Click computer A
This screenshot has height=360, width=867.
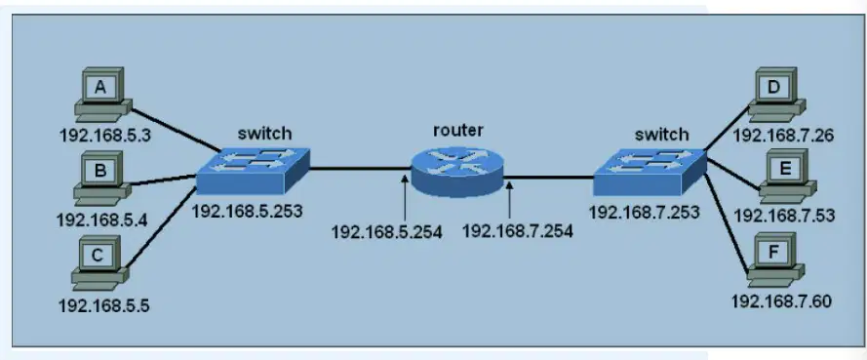(x=102, y=95)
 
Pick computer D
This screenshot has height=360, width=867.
(x=776, y=95)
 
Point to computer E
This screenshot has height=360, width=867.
(x=787, y=177)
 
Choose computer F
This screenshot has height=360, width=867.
(x=775, y=260)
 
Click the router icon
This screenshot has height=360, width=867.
(x=457, y=172)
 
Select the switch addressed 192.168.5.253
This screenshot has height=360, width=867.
(x=254, y=171)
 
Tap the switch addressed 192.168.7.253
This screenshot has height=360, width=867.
(x=650, y=172)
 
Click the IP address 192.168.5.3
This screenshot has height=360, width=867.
(x=104, y=136)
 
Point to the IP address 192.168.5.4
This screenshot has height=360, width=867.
(x=101, y=220)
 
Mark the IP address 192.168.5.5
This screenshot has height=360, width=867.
(x=104, y=304)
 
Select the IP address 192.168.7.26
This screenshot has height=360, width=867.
(x=783, y=135)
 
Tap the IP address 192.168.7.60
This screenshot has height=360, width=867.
(x=782, y=301)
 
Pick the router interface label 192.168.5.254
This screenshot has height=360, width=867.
(x=387, y=231)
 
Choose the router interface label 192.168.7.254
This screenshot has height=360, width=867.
(x=518, y=230)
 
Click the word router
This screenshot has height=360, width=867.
(x=457, y=131)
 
